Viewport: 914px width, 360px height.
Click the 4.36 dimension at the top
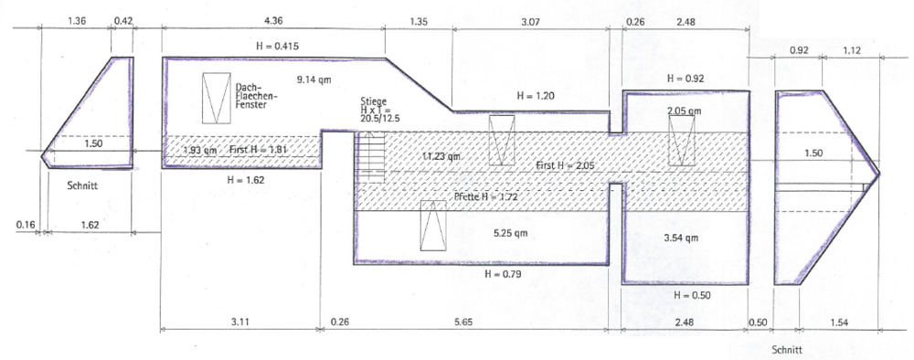(272, 18)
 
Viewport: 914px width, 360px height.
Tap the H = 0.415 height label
(274, 46)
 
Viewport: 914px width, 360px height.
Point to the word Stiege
(373, 101)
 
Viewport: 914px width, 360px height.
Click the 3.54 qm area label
(680, 238)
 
